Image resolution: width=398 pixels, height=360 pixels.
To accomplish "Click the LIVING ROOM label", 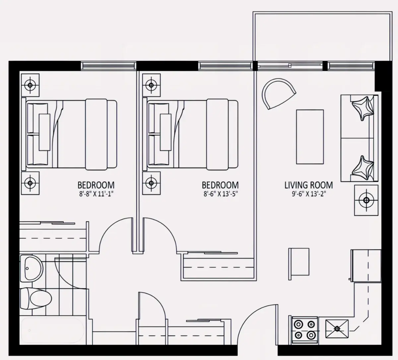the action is tap(308, 185).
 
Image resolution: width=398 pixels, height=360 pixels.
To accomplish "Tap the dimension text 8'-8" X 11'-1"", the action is tap(96, 193).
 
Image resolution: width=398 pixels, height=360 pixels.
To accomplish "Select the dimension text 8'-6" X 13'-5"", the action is tap(221, 193).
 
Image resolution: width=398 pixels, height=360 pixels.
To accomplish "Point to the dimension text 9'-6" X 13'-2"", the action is tap(309, 193).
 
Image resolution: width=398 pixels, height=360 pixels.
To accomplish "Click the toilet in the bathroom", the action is tap(36, 298).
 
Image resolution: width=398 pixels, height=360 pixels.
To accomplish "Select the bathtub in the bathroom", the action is tap(53, 330).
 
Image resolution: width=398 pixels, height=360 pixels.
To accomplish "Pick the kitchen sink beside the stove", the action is tap(337, 329).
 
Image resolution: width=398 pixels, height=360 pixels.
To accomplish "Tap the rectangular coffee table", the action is tap(310, 137).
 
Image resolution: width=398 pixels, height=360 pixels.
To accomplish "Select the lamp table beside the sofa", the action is tap(366, 200).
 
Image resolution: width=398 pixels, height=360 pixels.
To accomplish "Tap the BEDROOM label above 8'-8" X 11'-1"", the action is tap(96, 185).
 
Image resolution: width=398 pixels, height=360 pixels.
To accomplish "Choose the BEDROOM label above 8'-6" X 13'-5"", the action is tap(220, 185).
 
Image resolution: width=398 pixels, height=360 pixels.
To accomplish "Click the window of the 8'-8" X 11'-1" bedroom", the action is tap(108, 66).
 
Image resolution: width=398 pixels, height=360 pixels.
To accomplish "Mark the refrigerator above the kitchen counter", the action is tap(366, 266).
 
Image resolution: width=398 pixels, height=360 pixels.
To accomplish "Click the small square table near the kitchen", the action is tap(299, 262).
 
